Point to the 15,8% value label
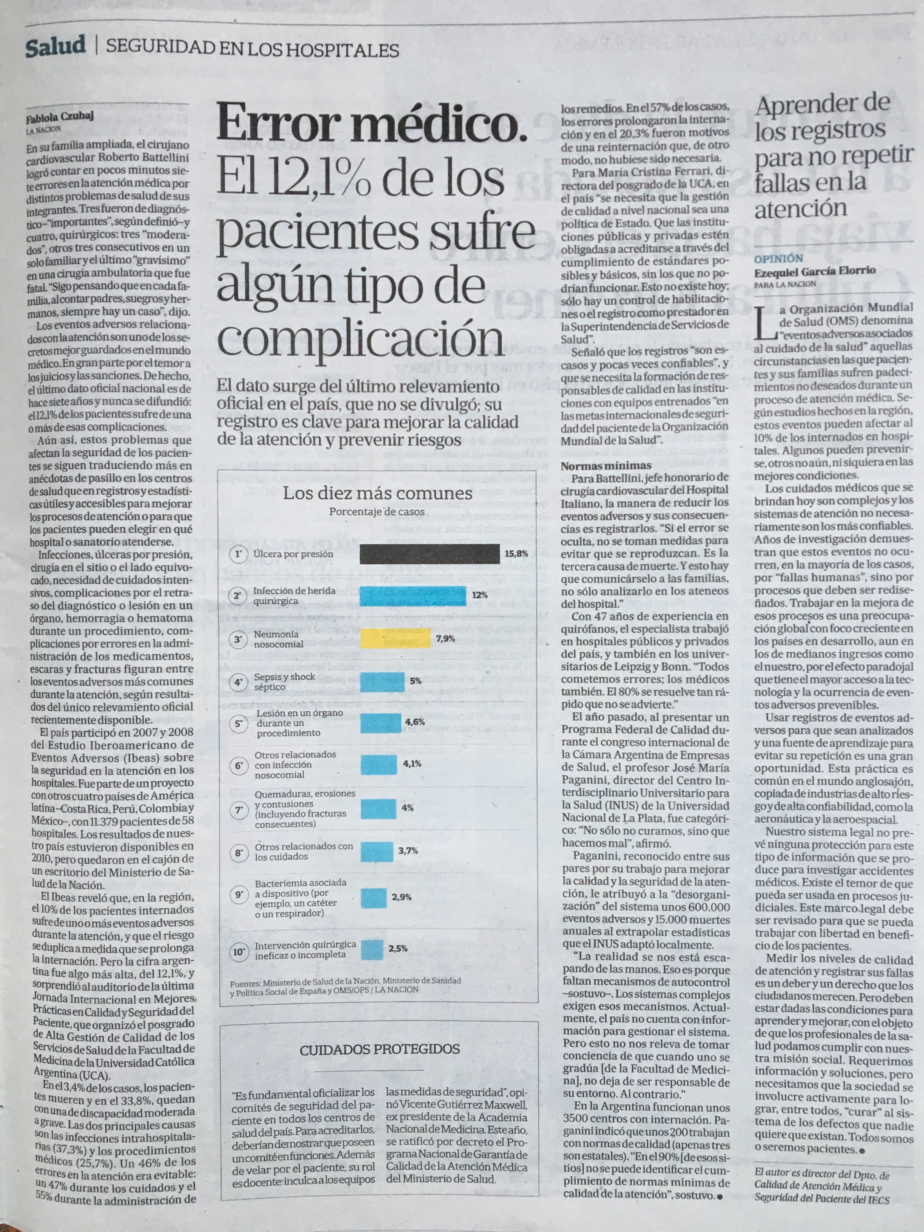(516, 554)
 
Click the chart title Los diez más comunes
(378, 493)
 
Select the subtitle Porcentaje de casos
(377, 511)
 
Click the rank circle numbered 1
(240, 554)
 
